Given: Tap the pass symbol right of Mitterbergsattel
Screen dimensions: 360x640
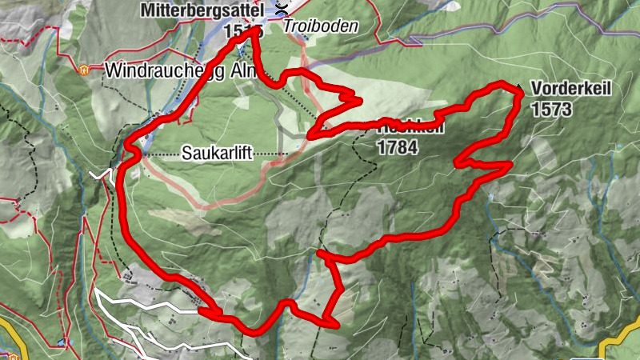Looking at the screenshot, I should pos(281,10).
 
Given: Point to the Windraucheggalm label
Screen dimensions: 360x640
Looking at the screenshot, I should pos(179,70).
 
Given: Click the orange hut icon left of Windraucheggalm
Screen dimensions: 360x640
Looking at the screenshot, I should pos(84,69).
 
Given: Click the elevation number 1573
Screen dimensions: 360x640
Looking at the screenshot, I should pos(551,108).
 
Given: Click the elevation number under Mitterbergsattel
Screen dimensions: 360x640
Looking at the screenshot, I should pos(240,30).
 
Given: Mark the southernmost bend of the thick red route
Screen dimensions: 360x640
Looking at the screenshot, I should pos(254,331).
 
